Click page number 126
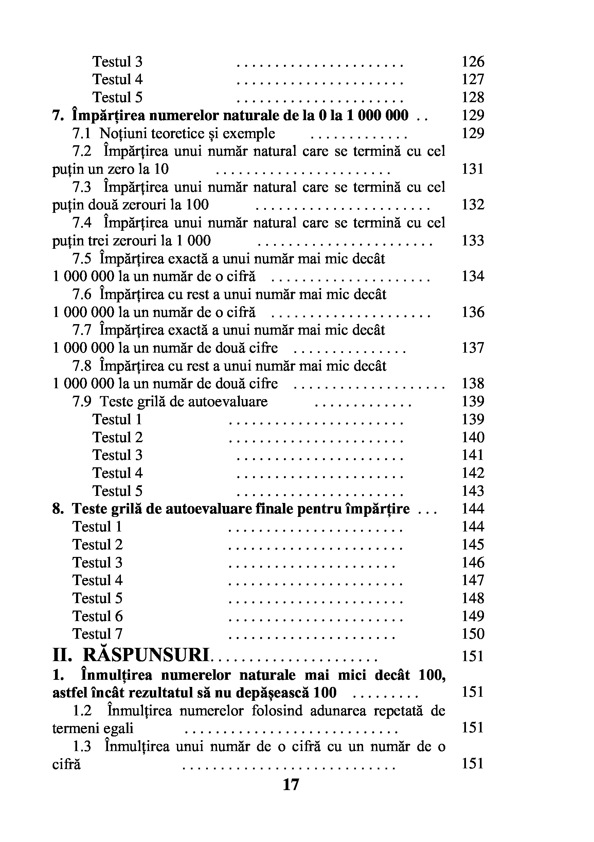(x=472, y=62)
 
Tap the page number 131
(x=472, y=169)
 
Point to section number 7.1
(x=81, y=133)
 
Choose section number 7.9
(x=81, y=401)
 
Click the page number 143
(x=472, y=491)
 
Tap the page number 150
(x=472, y=634)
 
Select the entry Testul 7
(x=97, y=634)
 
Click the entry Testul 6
(x=97, y=616)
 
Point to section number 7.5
(x=81, y=259)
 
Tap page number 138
(x=472, y=383)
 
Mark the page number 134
(x=472, y=276)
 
